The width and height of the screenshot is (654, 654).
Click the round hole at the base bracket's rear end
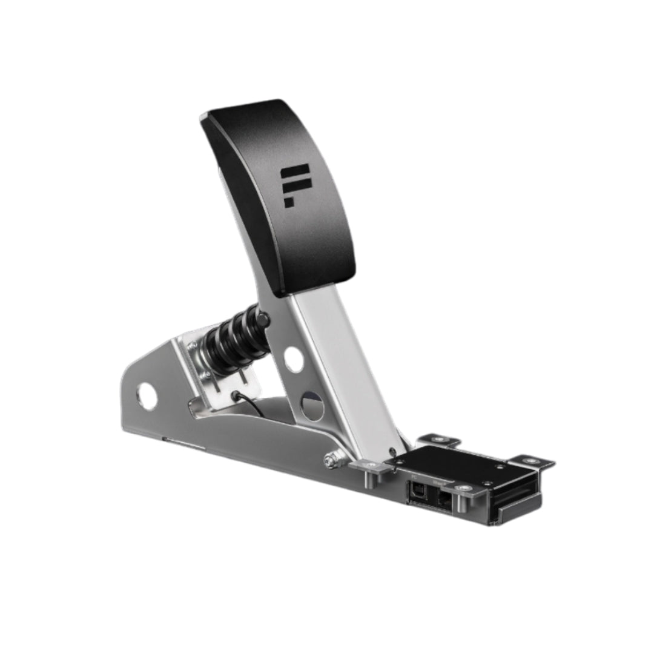click(147, 397)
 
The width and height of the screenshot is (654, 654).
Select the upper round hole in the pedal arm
click(294, 360)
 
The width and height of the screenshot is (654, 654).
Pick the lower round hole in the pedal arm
click(312, 406)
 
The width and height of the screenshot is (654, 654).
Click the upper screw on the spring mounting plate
click(192, 346)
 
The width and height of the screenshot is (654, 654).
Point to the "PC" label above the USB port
click(414, 478)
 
